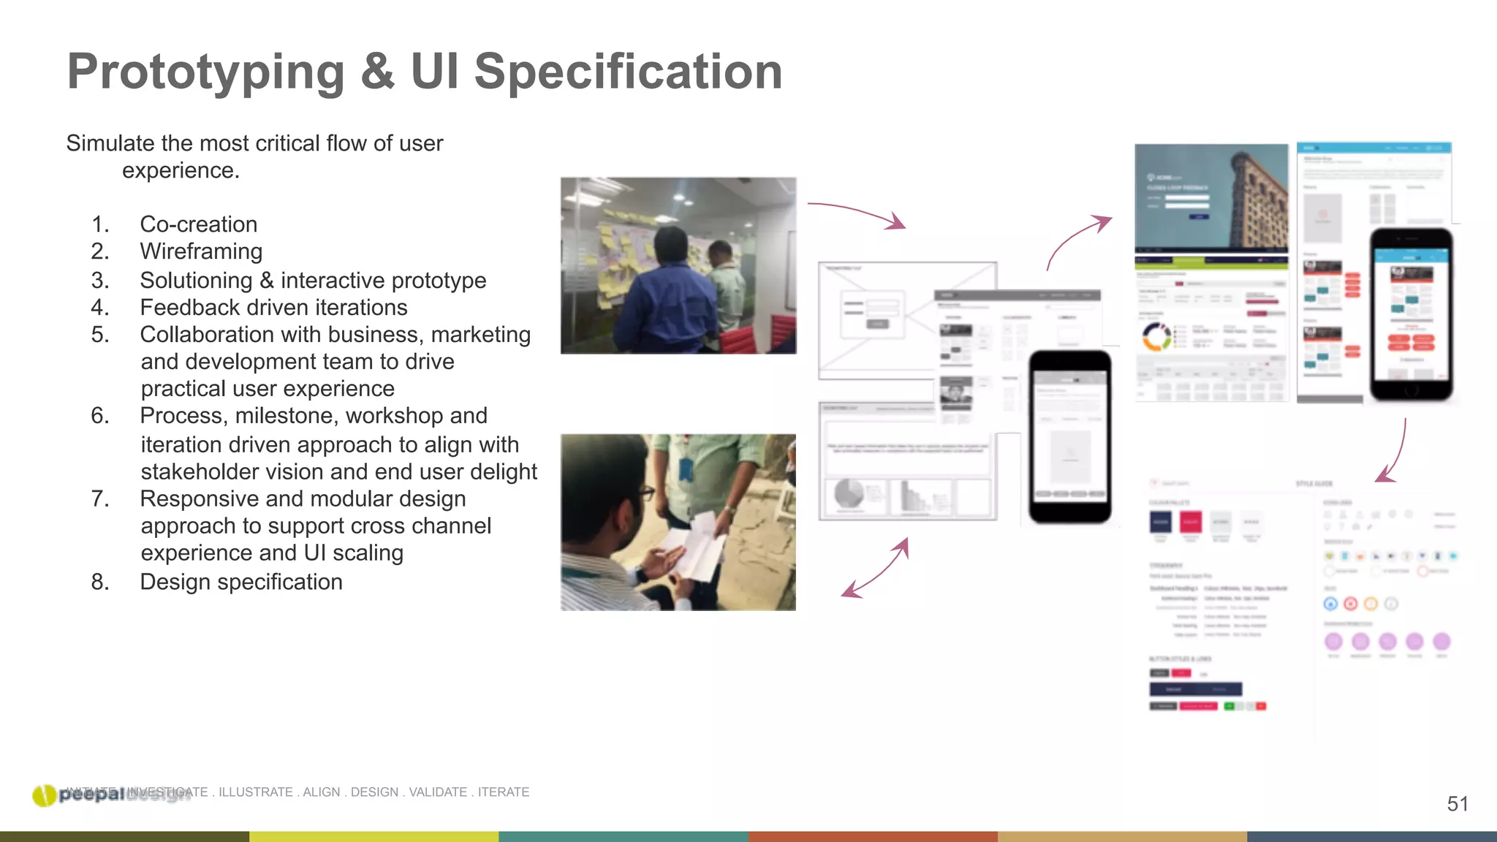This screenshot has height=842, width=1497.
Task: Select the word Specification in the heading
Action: pos(628,72)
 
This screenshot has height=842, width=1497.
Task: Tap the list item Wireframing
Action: pos(201,251)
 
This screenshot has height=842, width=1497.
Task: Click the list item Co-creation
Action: pos(198,224)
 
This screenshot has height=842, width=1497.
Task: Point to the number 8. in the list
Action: pos(100,582)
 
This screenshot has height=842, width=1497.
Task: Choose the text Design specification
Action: pos(241,582)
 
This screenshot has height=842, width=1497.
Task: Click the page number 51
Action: pos(1458,804)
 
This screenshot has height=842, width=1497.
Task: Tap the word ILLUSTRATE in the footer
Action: pos(255,792)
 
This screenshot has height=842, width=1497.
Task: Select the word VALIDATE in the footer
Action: pos(438,792)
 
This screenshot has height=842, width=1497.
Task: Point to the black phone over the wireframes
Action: pos(1070,436)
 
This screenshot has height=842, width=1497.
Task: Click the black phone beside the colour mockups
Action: pos(1411,314)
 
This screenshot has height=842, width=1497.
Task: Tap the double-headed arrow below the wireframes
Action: pos(876,569)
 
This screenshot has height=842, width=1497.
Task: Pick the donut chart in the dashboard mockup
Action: pos(1156,336)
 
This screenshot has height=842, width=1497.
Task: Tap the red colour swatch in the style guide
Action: pos(1191,522)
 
